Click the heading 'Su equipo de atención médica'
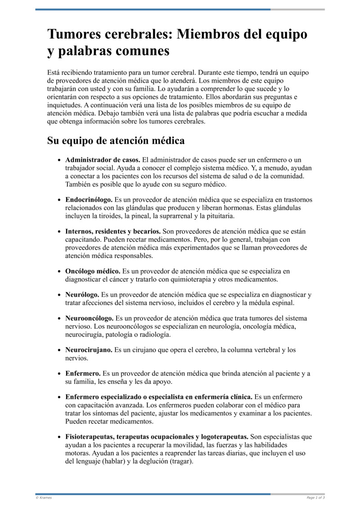[116, 141]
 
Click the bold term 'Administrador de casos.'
[103, 160]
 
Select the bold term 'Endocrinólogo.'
[89, 199]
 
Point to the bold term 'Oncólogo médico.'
[93, 271]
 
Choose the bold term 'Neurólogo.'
[82, 294]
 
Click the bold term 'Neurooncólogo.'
[89, 318]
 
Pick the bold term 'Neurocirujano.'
[89, 349]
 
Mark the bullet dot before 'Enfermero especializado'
[59, 397]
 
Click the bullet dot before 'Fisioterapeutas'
[59, 437]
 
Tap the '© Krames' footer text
[44, 498]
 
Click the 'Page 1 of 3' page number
[315, 498]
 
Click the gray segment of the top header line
[297, 9]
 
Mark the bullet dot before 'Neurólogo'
[59, 295]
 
